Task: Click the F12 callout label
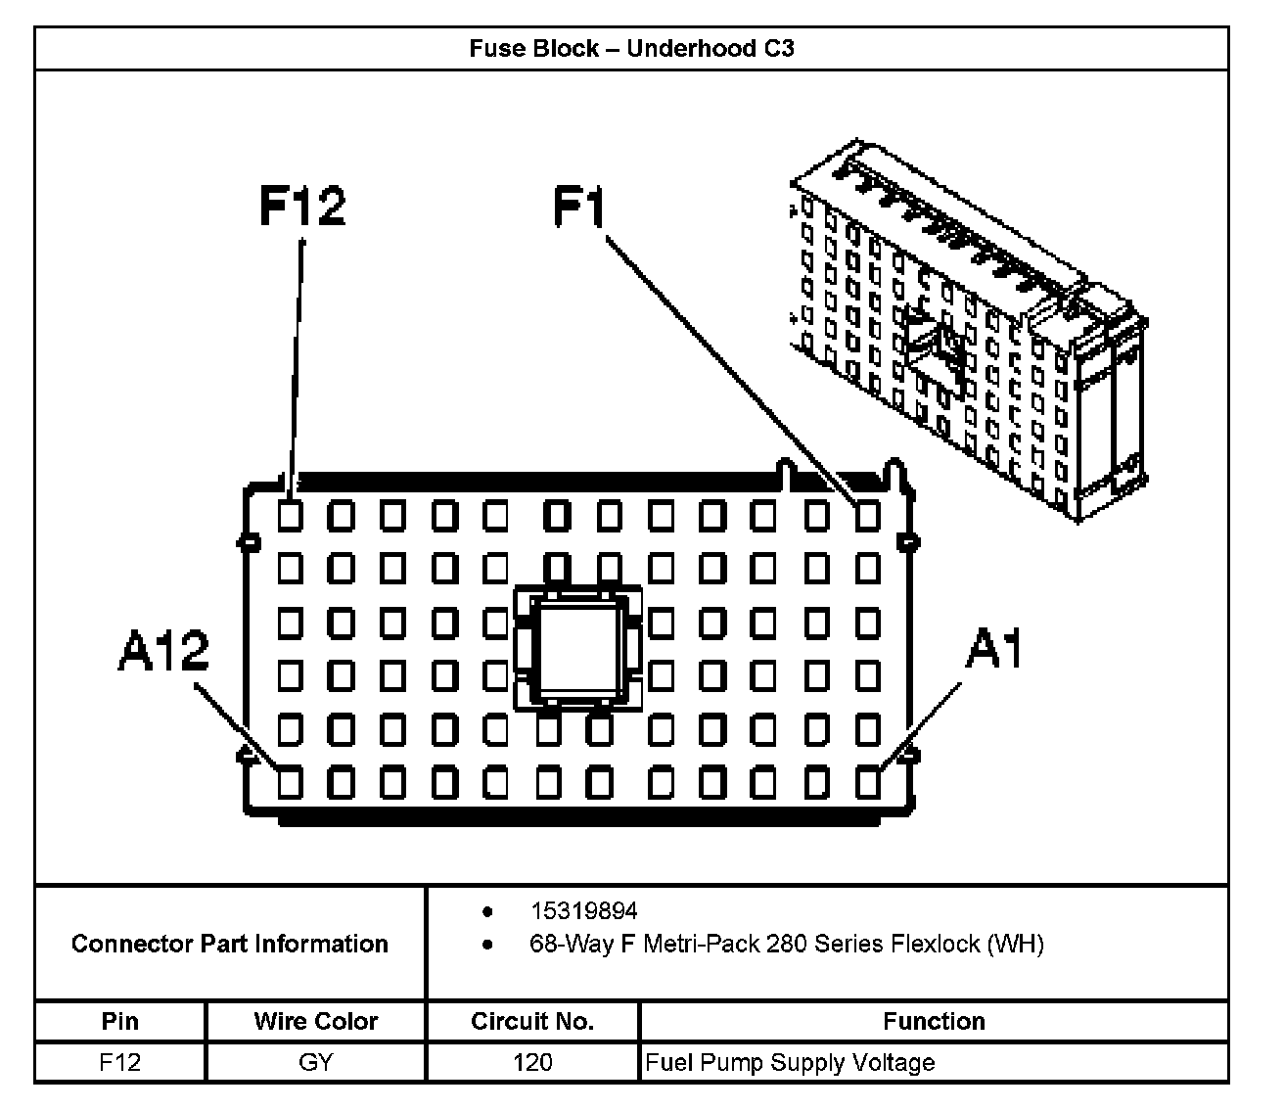click(302, 207)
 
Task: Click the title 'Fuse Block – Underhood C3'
click(631, 48)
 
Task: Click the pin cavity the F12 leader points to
click(289, 515)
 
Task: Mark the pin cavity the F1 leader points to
click(867, 515)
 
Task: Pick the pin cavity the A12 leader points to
click(289, 782)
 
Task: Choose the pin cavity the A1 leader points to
click(867, 782)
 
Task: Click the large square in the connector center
click(577, 647)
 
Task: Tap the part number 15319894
click(583, 911)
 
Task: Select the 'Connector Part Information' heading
click(230, 944)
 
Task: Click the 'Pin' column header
click(119, 1021)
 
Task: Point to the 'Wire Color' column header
click(315, 1021)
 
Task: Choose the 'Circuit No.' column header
click(532, 1021)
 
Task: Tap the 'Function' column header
click(934, 1021)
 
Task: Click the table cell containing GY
click(315, 1062)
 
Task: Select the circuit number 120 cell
click(532, 1062)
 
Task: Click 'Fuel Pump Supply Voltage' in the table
click(791, 1062)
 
